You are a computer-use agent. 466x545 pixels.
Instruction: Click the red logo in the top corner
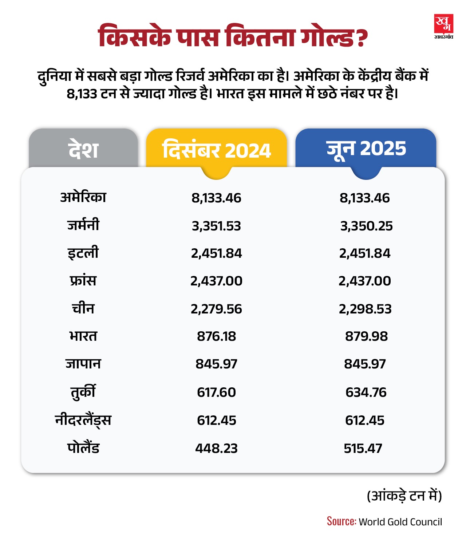pos(443,26)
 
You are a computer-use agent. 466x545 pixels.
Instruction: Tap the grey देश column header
pos(83,149)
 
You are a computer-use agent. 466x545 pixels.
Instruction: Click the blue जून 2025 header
pos(366,149)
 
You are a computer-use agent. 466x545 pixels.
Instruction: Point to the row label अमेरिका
pos(83,197)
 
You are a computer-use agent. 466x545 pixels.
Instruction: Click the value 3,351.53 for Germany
pos(216,226)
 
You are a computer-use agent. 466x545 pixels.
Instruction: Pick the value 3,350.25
pos(366,226)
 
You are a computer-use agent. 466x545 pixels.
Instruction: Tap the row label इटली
pos(83,253)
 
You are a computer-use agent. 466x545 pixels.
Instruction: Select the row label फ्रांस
pos(83,281)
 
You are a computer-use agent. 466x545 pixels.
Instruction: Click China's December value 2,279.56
pos(216,309)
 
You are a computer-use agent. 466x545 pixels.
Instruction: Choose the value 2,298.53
pos(365,309)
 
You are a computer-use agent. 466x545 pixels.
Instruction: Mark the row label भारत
pos(83,336)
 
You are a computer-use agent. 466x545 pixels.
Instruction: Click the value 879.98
pos(366,336)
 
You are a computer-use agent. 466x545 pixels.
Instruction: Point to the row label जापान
pos(83,364)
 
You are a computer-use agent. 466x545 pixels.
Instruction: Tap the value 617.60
pos(216,392)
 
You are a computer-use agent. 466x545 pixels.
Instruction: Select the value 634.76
pos(366,392)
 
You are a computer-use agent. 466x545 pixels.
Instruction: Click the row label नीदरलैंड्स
pos(83,420)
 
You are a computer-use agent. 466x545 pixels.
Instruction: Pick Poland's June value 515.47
pos(363,448)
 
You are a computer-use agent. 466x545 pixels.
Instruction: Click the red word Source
pos(341,521)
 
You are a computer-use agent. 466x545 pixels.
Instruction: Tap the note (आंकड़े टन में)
pos(404,496)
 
